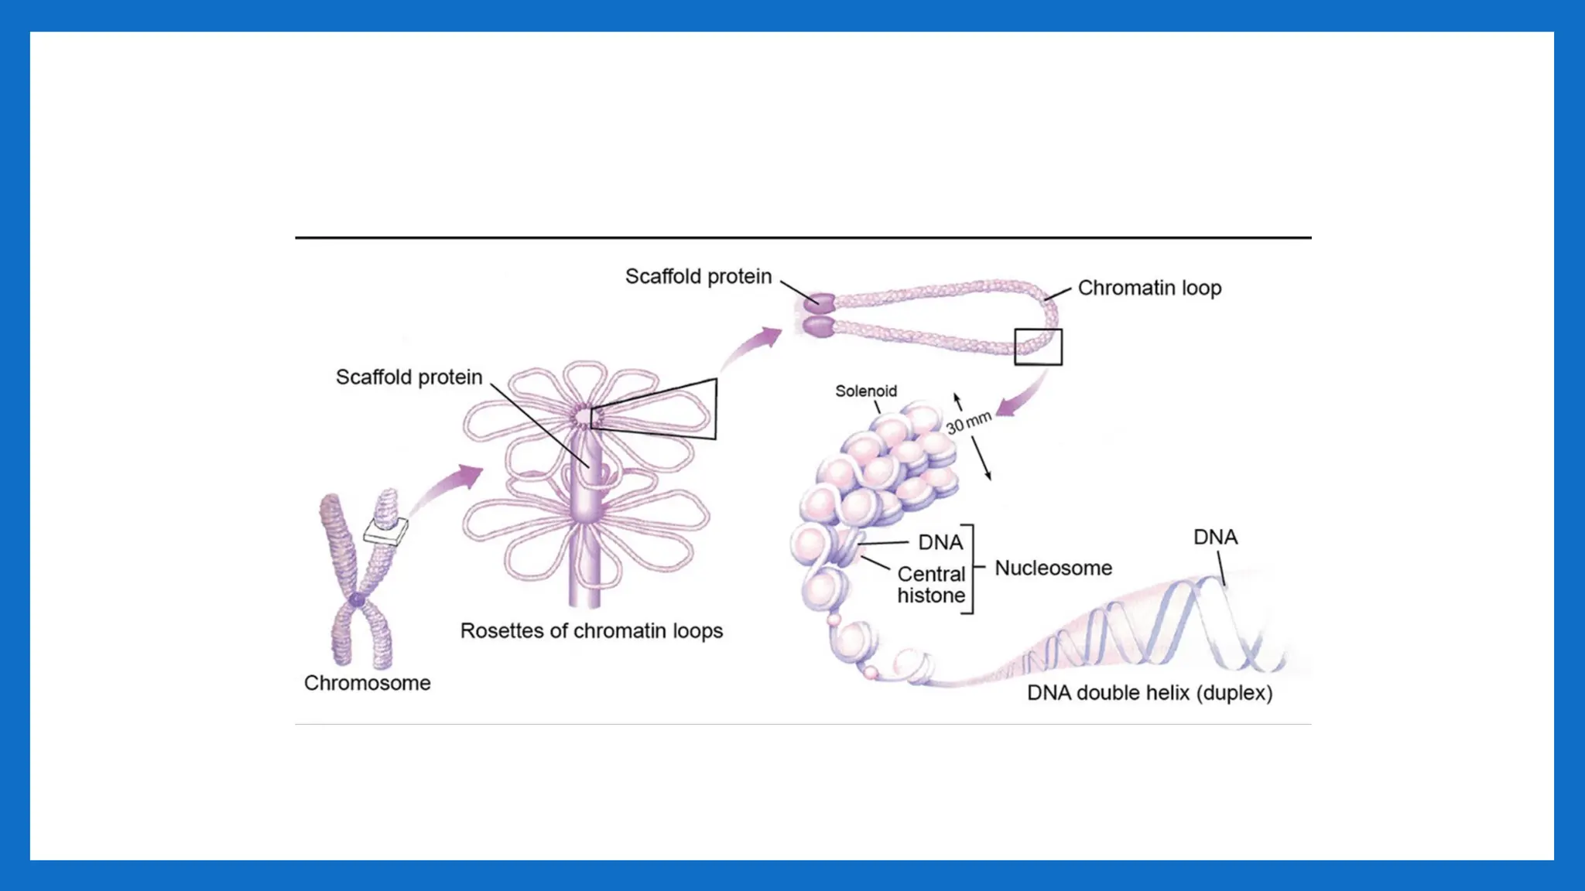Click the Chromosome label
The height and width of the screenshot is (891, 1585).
click(367, 683)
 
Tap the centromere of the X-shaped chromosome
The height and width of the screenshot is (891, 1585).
click(357, 599)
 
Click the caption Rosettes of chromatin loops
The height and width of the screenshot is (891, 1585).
click(591, 631)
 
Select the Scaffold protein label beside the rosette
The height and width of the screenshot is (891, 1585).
click(409, 377)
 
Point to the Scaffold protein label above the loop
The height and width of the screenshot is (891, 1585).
click(698, 277)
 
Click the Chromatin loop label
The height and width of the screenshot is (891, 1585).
click(1149, 288)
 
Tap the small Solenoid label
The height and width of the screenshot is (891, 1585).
click(866, 391)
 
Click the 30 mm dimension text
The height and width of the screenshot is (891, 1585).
click(968, 422)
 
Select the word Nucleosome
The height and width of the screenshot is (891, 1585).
click(1053, 568)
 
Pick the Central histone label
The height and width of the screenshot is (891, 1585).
click(931, 585)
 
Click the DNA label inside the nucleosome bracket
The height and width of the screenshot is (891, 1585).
click(940, 543)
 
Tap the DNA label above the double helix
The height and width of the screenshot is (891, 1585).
click(1215, 538)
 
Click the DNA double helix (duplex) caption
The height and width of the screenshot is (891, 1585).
click(1149, 693)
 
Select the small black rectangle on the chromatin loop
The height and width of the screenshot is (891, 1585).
click(1038, 346)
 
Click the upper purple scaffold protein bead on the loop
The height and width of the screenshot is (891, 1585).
click(819, 301)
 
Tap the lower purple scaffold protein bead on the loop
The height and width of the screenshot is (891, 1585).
click(819, 326)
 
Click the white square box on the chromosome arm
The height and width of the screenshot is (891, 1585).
click(385, 531)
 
